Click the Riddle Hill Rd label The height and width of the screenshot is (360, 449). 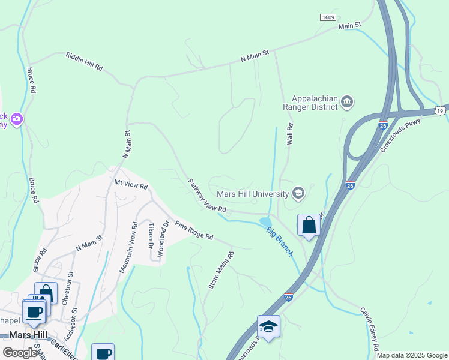(x=83, y=62)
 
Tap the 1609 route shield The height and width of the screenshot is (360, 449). (x=328, y=18)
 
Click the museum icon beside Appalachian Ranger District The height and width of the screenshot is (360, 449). (x=347, y=103)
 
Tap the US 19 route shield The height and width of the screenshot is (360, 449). (x=441, y=111)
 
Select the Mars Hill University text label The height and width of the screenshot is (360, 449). (x=253, y=193)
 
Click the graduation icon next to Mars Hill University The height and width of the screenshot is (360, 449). (x=298, y=193)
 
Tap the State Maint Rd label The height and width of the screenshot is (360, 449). (x=220, y=271)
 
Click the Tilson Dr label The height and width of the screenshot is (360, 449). (x=151, y=235)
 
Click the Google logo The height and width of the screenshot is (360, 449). (x=20, y=352)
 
